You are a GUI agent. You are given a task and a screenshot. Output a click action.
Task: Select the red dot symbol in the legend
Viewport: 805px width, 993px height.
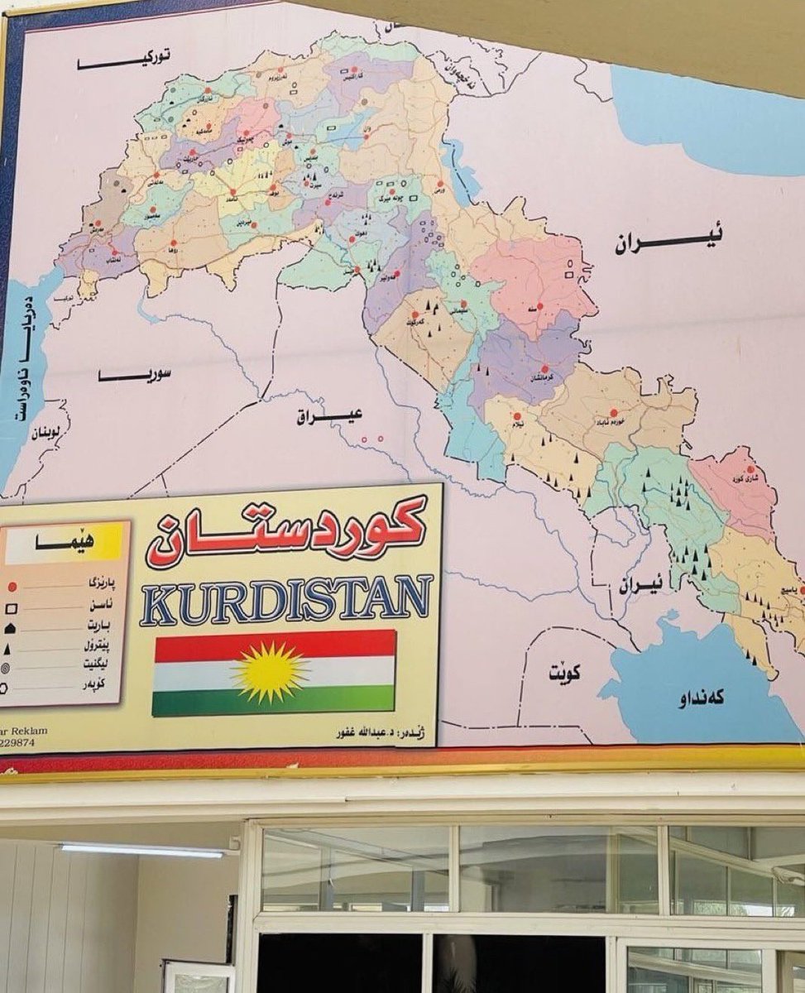pos(12,587)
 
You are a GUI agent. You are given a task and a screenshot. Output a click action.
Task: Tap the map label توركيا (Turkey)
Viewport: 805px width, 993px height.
pos(124,60)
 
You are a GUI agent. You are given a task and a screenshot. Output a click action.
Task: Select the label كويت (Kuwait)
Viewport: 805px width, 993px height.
pos(564,674)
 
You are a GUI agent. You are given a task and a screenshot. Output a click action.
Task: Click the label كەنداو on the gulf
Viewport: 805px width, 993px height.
pos(701,698)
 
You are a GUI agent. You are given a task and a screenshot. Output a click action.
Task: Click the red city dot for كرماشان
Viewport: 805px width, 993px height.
pos(544,369)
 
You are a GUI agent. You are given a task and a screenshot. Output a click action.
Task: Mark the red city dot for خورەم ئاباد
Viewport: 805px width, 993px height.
pos(614,411)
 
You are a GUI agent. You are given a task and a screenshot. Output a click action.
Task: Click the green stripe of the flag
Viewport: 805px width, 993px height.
pos(273,700)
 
